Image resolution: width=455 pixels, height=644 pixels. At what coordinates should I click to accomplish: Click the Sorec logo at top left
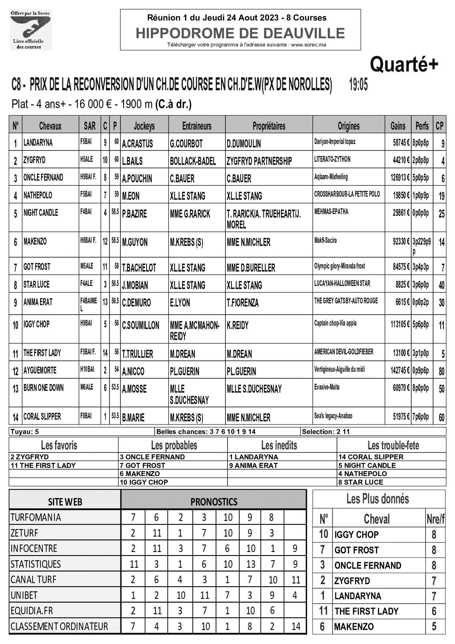pyautogui.click(x=30, y=30)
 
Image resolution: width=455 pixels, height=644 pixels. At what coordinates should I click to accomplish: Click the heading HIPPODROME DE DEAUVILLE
pyautogui.click(x=240, y=33)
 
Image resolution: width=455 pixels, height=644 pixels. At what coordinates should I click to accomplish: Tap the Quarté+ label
pyautogui.click(x=404, y=64)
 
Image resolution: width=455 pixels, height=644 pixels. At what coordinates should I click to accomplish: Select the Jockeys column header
pyautogui.click(x=144, y=126)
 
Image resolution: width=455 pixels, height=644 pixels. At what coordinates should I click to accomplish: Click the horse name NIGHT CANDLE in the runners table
pyautogui.click(x=41, y=213)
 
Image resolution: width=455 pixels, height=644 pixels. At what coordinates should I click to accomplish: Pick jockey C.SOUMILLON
pyautogui.click(x=141, y=325)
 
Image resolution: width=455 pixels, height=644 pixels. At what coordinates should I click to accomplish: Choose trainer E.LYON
pyautogui.click(x=180, y=303)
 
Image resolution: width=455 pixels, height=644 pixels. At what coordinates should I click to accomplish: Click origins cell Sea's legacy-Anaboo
pyautogui.click(x=333, y=416)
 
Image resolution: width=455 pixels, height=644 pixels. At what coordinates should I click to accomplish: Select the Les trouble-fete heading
pyautogui.click(x=393, y=445)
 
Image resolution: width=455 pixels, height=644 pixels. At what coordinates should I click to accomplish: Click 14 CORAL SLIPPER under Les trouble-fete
pyautogui.click(x=371, y=457)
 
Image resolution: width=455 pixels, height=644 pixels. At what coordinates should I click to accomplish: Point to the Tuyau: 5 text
pyautogui.click(x=25, y=432)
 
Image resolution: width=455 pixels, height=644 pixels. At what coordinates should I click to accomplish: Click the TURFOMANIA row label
pyautogui.click(x=36, y=517)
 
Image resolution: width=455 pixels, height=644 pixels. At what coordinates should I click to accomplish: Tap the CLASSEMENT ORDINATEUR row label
pyautogui.click(x=59, y=627)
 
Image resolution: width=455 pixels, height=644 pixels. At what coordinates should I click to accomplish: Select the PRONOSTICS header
pyautogui.click(x=214, y=502)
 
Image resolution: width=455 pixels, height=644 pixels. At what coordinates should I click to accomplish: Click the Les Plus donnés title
pyautogui.click(x=377, y=499)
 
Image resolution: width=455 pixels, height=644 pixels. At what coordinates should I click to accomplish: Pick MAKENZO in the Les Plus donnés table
pyautogui.click(x=354, y=627)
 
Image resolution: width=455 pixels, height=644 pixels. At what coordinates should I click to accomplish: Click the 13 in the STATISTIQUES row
pyautogui.click(x=251, y=564)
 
